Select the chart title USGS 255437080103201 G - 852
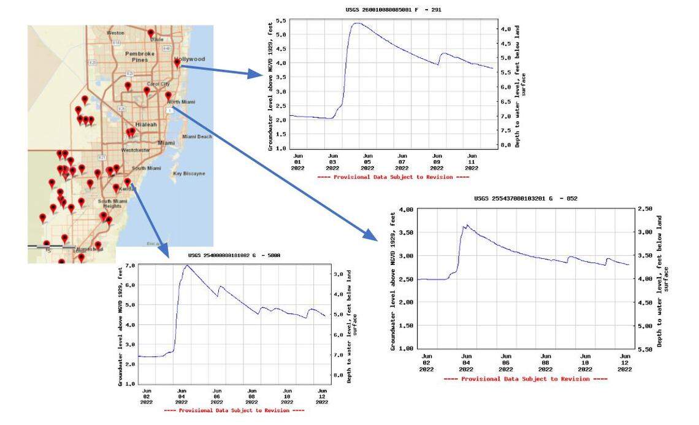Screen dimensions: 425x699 click(x=525, y=199)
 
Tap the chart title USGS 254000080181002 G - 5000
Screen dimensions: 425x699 click(x=234, y=255)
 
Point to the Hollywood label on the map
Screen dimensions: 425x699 click(x=193, y=59)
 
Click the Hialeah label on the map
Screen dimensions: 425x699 click(x=147, y=124)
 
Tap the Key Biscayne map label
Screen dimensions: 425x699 click(x=189, y=174)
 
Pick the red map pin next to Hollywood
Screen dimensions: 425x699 click(x=177, y=63)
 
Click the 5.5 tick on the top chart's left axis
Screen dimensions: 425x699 click(x=280, y=21)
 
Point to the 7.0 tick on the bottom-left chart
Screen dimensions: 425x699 click(x=129, y=266)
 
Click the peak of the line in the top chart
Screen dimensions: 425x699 click(x=357, y=23)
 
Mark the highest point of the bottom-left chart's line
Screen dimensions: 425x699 click(x=186, y=266)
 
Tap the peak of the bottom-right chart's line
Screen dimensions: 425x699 click(x=467, y=225)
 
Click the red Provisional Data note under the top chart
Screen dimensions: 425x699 click(x=394, y=177)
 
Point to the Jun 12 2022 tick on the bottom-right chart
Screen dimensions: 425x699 click(x=625, y=362)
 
